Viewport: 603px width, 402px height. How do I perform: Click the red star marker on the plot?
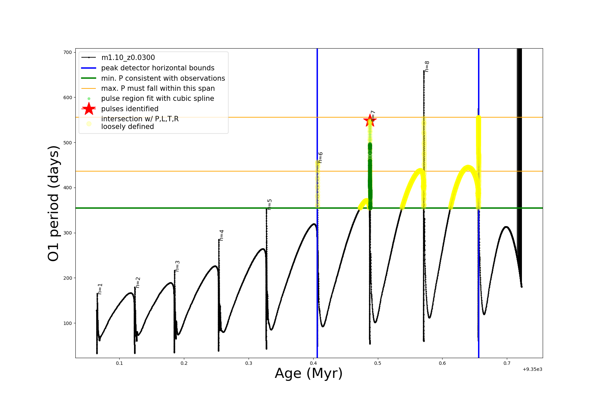370,120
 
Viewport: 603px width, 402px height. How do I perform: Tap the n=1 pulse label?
100,289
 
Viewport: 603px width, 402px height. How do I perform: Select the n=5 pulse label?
270,204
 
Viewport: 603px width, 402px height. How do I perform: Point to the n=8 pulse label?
427,66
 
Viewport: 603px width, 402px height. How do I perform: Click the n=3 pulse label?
178,266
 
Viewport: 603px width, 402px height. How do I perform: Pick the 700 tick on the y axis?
68,52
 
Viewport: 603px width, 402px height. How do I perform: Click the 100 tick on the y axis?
68,323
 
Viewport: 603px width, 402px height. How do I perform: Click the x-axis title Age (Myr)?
309,374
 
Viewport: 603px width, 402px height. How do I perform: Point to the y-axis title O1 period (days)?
54,203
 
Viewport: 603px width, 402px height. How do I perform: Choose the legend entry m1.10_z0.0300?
128,58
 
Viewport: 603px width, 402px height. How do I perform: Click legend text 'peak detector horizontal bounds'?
157,68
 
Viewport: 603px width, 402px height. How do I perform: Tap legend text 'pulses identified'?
130,109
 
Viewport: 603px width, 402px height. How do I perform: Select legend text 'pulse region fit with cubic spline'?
157,98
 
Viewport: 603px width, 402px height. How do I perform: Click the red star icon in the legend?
89,109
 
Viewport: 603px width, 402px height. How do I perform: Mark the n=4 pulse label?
221,235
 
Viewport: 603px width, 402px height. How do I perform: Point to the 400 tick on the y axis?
68,188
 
